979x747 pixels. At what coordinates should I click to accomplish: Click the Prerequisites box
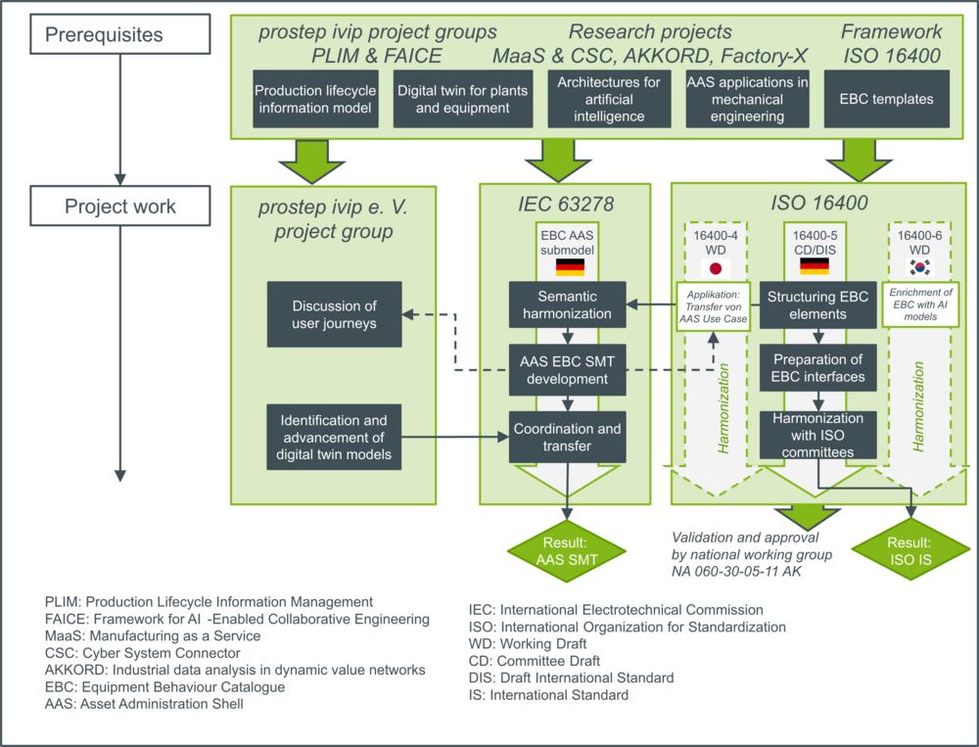(x=119, y=34)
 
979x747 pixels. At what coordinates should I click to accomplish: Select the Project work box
(x=119, y=206)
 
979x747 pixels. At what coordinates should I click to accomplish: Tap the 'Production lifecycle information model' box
(x=315, y=99)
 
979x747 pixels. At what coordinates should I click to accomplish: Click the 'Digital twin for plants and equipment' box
(x=463, y=99)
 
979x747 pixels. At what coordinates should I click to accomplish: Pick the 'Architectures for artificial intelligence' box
(x=609, y=99)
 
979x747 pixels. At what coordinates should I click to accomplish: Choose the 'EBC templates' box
(x=887, y=99)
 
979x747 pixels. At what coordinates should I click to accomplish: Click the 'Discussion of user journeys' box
(x=334, y=314)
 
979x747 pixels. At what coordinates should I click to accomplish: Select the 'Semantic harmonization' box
(x=567, y=304)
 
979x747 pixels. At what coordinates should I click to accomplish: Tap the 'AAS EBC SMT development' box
(x=567, y=370)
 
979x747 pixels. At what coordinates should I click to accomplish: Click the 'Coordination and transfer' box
(x=567, y=438)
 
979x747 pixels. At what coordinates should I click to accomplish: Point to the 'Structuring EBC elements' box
(x=817, y=304)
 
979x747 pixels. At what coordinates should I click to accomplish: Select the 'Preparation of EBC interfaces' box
(x=817, y=368)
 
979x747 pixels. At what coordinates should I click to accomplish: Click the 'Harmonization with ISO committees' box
(x=817, y=435)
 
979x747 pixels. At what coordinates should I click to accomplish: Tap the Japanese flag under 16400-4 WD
(x=716, y=268)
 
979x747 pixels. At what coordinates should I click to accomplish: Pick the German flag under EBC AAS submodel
(x=570, y=266)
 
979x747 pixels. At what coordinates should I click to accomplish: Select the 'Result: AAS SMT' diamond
(x=566, y=551)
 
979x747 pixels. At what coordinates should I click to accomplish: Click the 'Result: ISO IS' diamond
(x=910, y=549)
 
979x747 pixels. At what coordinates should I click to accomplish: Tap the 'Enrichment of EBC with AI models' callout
(x=920, y=304)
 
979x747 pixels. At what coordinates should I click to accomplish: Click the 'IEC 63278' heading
(x=566, y=204)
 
